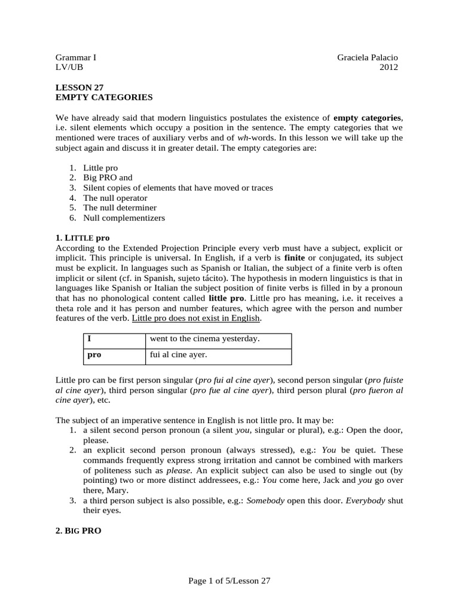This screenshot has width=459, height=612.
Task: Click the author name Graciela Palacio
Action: (367, 57)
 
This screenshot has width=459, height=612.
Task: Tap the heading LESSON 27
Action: (75, 87)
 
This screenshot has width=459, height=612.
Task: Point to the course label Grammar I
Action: (76, 57)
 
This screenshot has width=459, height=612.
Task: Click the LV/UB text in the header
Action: (70, 68)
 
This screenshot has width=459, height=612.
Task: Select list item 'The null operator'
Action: (115, 198)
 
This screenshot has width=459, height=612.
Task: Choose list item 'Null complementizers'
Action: (124, 218)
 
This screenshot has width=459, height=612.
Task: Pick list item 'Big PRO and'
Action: (108, 178)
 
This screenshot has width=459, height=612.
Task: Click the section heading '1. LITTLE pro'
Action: (82, 237)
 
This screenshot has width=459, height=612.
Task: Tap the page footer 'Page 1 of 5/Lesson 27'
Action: (229, 580)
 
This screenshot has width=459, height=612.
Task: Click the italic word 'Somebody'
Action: (265, 500)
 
